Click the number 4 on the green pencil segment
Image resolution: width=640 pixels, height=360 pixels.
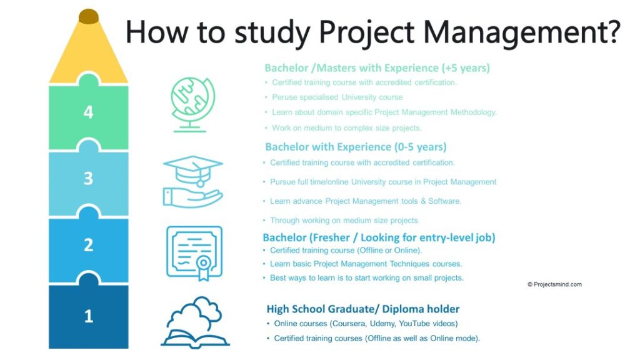pyautogui.click(x=88, y=112)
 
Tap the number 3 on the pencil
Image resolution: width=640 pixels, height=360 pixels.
pyautogui.click(x=88, y=179)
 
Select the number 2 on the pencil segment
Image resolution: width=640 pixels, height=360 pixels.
pyautogui.click(x=88, y=245)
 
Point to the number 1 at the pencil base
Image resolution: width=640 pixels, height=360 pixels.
pyautogui.click(x=88, y=316)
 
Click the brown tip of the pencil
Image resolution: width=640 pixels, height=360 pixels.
pyautogui.click(x=89, y=16)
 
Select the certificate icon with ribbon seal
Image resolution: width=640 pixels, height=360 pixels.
pyautogui.click(x=194, y=252)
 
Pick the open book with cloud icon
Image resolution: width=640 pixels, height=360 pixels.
pyautogui.click(x=195, y=322)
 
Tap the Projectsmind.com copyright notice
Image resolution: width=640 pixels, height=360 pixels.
pyautogui.click(x=554, y=284)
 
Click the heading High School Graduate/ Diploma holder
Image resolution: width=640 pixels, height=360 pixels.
pyautogui.click(x=363, y=309)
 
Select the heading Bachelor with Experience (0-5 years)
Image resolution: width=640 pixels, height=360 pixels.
pyautogui.click(x=356, y=147)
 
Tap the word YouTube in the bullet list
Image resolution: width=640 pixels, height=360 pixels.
pyautogui.click(x=422, y=324)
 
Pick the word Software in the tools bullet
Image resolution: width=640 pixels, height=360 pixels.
pyautogui.click(x=444, y=201)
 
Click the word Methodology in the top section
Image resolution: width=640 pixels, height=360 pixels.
pyautogui.click(x=469, y=112)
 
